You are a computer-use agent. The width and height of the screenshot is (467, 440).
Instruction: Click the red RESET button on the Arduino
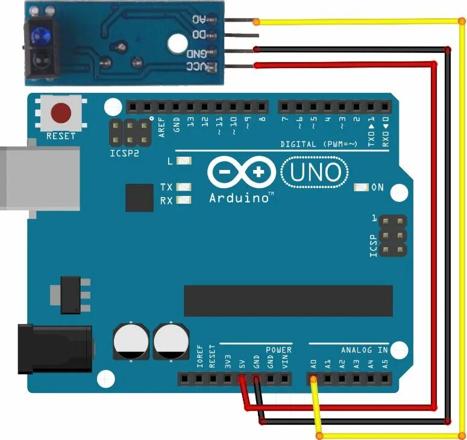[61, 113]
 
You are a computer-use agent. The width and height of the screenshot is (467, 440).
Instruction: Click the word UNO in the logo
[315, 174]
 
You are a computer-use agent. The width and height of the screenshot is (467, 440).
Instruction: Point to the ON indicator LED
[362, 187]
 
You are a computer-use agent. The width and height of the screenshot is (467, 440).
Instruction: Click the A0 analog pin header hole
[313, 379]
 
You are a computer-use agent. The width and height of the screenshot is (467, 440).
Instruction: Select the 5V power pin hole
[242, 379]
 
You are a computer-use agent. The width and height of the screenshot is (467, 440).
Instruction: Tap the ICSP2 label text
[125, 154]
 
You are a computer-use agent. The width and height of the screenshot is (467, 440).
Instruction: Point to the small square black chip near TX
[139, 198]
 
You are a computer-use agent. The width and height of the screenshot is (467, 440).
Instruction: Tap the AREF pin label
[162, 128]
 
